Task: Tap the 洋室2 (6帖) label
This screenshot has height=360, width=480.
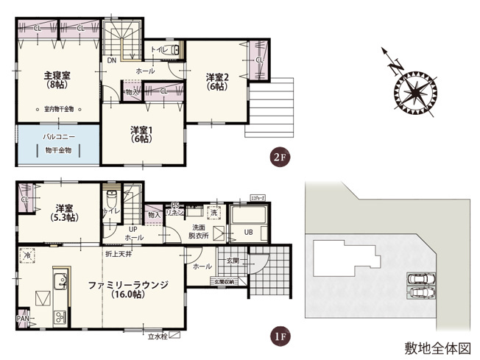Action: (x=217, y=81)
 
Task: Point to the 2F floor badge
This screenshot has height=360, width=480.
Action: (x=278, y=158)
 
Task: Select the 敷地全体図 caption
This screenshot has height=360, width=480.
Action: (x=437, y=345)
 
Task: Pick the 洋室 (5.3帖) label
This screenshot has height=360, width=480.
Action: (x=64, y=213)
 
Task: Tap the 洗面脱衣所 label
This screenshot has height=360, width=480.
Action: (x=199, y=232)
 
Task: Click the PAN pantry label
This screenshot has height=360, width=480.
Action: (x=23, y=319)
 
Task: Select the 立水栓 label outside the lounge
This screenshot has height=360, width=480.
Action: (x=158, y=337)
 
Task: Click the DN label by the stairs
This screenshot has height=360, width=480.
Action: (x=111, y=61)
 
